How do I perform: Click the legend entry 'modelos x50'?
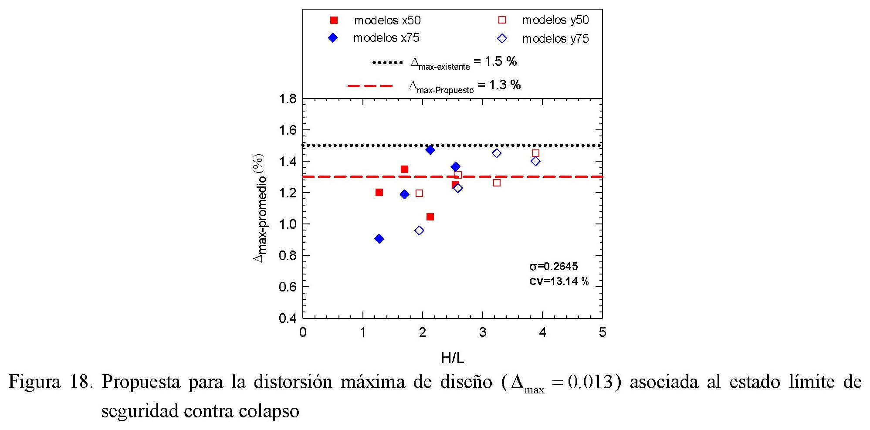[387, 20]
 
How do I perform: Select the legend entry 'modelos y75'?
[555, 39]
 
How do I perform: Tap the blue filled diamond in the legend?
[333, 38]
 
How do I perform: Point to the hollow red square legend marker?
[502, 20]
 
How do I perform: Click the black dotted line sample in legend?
[387, 63]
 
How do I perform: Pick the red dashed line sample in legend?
[370, 86]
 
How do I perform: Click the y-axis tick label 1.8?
[288, 99]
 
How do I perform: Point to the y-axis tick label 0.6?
[288, 287]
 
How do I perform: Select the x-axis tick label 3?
[483, 333]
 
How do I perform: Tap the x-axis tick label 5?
[602, 333]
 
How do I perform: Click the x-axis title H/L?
[453, 358]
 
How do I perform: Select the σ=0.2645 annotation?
[553, 267]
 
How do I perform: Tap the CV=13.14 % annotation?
[559, 281]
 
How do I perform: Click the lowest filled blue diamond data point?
[379, 239]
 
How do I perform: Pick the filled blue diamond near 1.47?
[430, 150]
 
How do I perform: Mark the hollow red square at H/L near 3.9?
[535, 153]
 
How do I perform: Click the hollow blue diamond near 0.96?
[419, 230]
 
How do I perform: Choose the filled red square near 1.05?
[430, 217]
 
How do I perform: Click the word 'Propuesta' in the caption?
[141, 382]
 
